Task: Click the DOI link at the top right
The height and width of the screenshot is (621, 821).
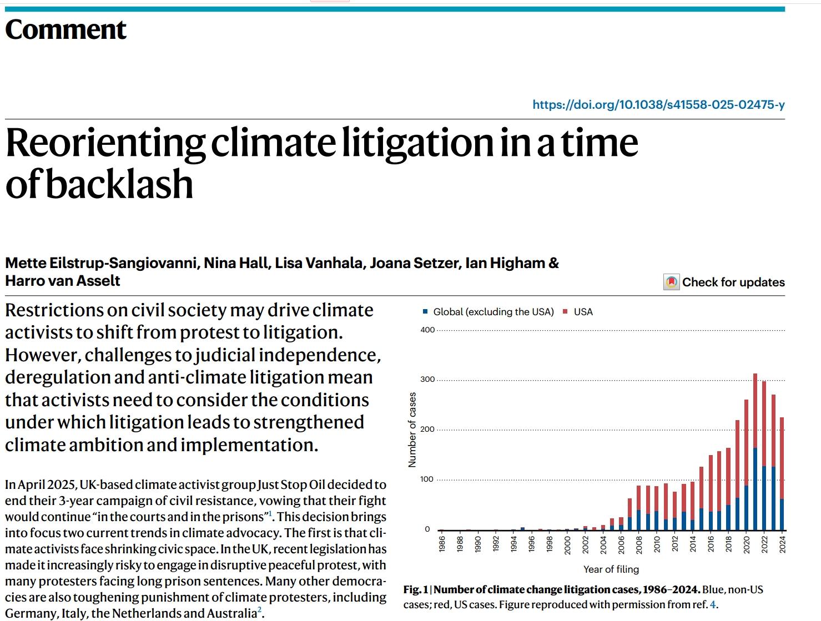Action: (658, 105)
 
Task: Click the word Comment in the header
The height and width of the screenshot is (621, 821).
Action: (66, 29)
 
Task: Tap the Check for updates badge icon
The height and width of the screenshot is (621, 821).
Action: (671, 282)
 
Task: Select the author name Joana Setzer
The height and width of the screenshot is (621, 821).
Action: (415, 263)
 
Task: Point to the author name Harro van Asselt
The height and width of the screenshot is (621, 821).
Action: (63, 281)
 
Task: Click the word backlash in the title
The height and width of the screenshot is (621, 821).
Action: (119, 185)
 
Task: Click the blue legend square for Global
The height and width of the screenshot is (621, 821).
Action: (425, 312)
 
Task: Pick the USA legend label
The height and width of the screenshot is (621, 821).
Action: (583, 312)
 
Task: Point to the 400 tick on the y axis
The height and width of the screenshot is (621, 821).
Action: (427, 330)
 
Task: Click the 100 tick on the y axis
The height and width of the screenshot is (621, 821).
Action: (427, 479)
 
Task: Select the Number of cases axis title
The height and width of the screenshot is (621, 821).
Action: (412, 430)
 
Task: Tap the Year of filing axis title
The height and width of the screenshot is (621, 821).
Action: (611, 569)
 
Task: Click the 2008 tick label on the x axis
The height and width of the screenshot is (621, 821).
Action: (639, 544)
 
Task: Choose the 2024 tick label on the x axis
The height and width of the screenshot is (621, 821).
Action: (782, 544)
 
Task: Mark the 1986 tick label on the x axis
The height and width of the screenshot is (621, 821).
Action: (442, 544)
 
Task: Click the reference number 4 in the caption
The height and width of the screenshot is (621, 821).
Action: (713, 605)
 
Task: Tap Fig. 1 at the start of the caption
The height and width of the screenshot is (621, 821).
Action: (415, 590)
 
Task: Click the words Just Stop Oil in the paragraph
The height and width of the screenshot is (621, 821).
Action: (291, 485)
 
